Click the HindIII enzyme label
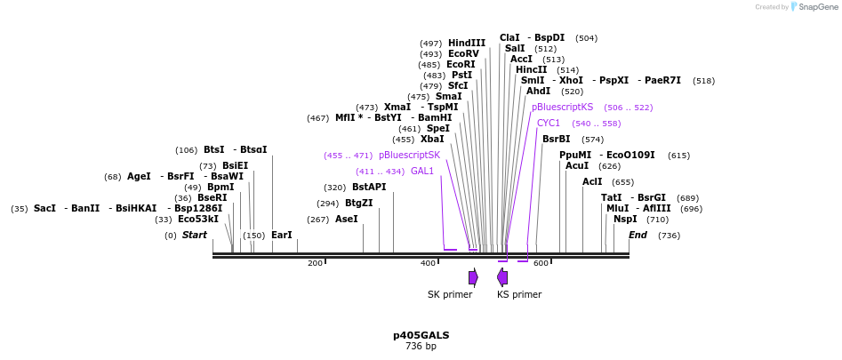(467, 43)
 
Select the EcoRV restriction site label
(463, 53)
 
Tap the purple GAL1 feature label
(422, 171)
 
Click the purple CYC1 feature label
(549, 123)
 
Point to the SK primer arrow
(473, 277)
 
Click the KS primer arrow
(502, 277)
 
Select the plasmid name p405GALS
(421, 335)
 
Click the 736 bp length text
(421, 346)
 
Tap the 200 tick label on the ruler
(315, 263)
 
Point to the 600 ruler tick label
(541, 263)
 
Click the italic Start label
(195, 236)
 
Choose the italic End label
(638, 236)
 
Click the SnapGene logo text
(818, 7)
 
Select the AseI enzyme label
(346, 219)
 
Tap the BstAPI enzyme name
(369, 187)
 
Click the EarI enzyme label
(282, 236)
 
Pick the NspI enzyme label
(625, 219)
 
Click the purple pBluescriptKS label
(562, 107)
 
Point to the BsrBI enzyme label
(556, 139)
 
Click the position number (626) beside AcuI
(609, 165)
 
